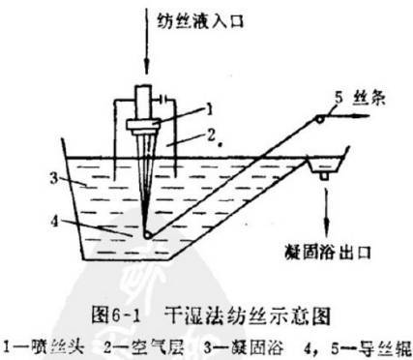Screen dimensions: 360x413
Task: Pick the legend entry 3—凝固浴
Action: pos(213,344)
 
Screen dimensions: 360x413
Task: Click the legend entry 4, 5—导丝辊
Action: pos(329,344)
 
